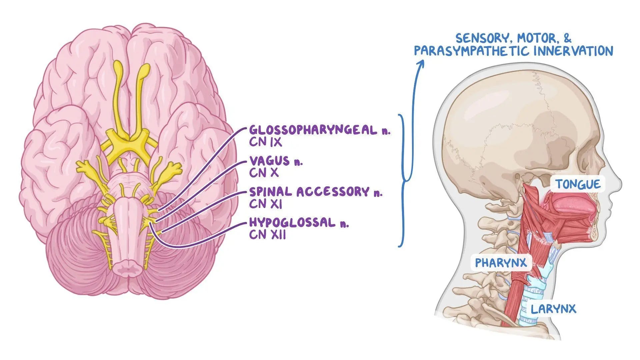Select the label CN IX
pos(265,142)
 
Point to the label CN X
pos(263,173)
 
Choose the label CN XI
pos(265,204)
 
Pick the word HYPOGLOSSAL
pos(292,223)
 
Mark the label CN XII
pos(267,235)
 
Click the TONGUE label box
pos(578,184)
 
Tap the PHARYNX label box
pos(501,263)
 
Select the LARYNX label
pos(553,309)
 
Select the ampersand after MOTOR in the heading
pos(567,38)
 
